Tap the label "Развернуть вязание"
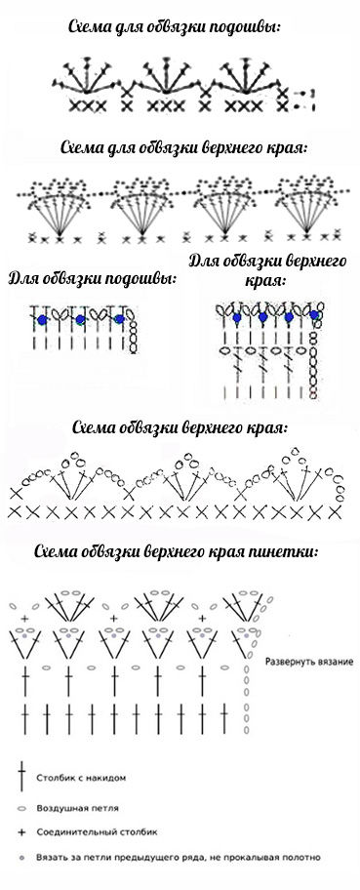(309, 662)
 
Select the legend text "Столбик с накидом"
(81, 778)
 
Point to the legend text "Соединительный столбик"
(98, 832)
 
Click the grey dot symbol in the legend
(22, 857)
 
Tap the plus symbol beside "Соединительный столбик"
(22, 832)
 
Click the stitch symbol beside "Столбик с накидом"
(22, 777)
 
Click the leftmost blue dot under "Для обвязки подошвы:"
(42, 320)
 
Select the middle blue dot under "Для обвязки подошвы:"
(81, 319)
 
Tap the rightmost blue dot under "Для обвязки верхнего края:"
(314, 314)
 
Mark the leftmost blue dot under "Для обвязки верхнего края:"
(237, 318)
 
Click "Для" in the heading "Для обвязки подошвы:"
(21, 279)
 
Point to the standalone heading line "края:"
(265, 280)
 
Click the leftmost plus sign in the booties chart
(24, 618)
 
